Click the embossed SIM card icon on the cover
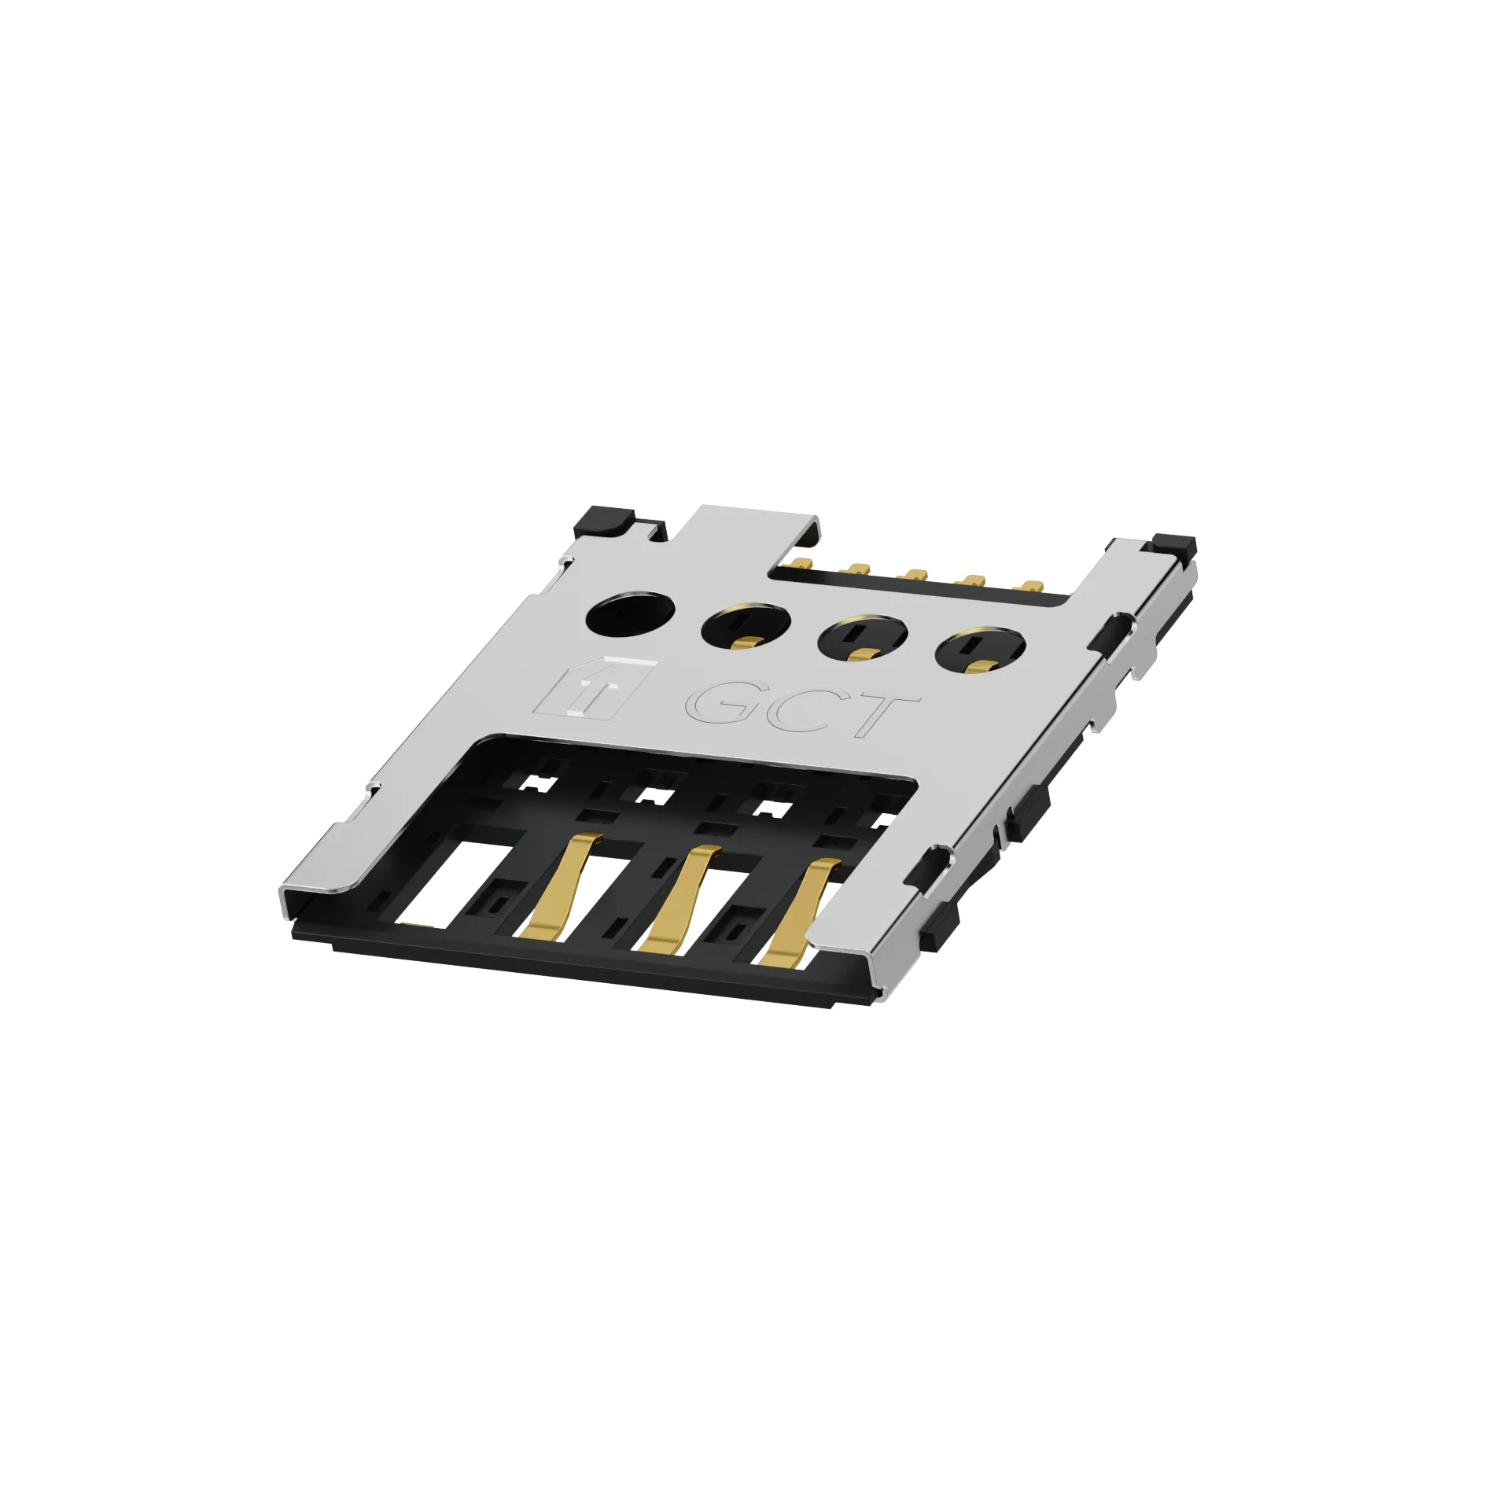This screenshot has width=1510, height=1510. click(x=594, y=685)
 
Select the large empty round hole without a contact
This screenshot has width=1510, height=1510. click(x=631, y=614)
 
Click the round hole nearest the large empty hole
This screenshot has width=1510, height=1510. click(x=746, y=628)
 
